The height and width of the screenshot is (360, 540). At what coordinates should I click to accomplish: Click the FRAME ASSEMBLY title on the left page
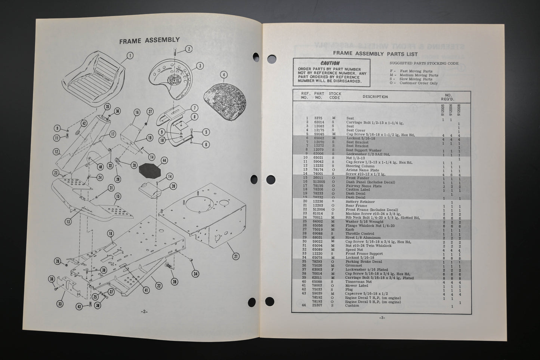pyautogui.click(x=149, y=40)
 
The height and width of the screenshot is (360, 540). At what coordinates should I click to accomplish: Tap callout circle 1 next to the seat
pyautogui.click(x=130, y=56)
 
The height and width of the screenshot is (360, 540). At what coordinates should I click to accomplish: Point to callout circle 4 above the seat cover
pyautogui.click(x=223, y=75)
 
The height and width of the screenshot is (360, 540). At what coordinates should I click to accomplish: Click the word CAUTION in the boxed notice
pyautogui.click(x=330, y=63)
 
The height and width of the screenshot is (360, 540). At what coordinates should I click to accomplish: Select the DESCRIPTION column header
pyautogui.click(x=375, y=97)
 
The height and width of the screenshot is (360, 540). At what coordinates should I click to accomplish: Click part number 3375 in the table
pyautogui.click(x=318, y=119)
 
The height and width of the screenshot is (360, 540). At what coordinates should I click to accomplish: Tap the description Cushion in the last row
pyautogui.click(x=352, y=306)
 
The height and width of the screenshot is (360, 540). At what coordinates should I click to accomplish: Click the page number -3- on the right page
pyautogui.click(x=382, y=318)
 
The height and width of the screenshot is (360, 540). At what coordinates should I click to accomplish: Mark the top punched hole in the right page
pyautogui.click(x=256, y=57)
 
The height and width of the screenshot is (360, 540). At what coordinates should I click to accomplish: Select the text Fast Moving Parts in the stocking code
pyautogui.click(x=416, y=71)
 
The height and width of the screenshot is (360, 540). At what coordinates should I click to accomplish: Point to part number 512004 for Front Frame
pyautogui.click(x=319, y=210)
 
